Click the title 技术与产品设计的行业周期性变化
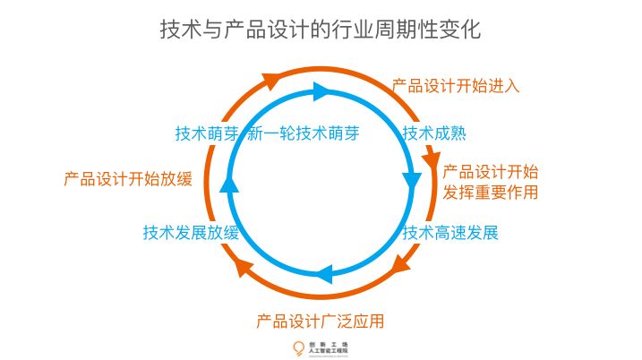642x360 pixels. click(x=321, y=30)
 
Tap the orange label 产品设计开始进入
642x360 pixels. click(x=456, y=87)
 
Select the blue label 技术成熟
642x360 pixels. click(x=435, y=134)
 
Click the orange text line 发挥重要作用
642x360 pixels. click(x=491, y=192)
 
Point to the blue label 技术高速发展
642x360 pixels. click(x=449, y=234)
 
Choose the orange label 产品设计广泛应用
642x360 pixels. click(x=321, y=320)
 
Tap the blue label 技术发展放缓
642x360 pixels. click(x=191, y=234)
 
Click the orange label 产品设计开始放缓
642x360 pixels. click(x=128, y=178)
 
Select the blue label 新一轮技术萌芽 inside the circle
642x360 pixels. click(x=303, y=134)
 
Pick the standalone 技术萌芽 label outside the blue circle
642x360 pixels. click(x=207, y=134)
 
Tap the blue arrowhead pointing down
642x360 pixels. click(x=412, y=180)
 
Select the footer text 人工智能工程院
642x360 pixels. click(x=328, y=351)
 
